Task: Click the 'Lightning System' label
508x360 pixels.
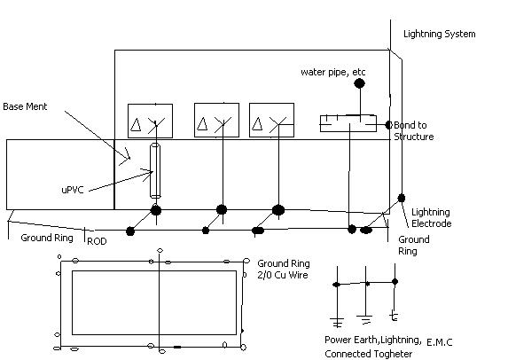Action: (x=439, y=35)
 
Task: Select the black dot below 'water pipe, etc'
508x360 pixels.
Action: (x=359, y=84)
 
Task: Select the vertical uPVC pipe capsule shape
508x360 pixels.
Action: (x=156, y=170)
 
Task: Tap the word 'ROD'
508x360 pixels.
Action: (x=97, y=240)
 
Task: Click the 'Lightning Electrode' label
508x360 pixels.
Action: (x=432, y=218)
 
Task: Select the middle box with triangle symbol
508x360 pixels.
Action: (x=216, y=121)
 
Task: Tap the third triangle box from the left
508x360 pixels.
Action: (x=271, y=121)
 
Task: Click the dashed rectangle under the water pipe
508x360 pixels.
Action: (x=349, y=122)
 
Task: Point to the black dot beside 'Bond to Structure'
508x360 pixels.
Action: (x=388, y=124)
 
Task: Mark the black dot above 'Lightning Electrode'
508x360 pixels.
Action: (x=402, y=197)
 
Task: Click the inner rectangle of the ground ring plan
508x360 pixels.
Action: (x=153, y=301)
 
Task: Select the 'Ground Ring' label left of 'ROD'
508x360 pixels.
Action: (x=44, y=238)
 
